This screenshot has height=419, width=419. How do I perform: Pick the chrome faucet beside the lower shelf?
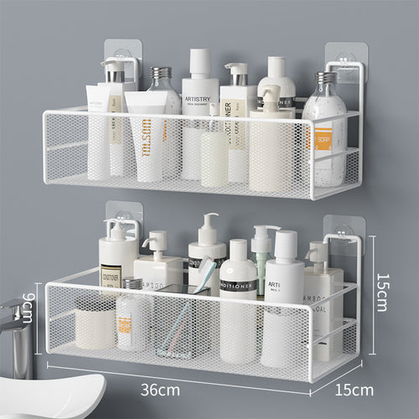(14, 327)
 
